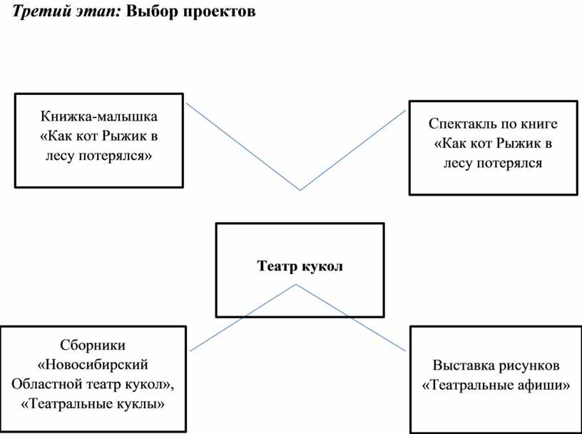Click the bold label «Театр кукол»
pyautogui.click(x=300, y=267)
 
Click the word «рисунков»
pyautogui.click(x=527, y=366)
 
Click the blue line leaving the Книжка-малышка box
pyautogui.click(x=242, y=147)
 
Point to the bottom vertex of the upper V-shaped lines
pyautogui.click(x=300, y=190)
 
